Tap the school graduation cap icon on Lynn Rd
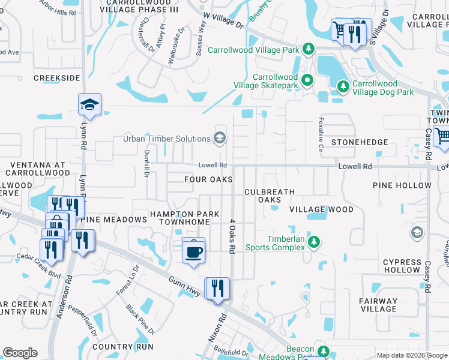[x=89, y=105]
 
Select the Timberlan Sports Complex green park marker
[x=313, y=242]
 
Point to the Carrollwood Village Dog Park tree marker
[x=343, y=86]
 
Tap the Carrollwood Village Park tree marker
[x=307, y=49]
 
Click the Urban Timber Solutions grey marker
[x=219, y=138]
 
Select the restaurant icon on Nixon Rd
[x=217, y=288]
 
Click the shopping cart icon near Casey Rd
[x=442, y=136]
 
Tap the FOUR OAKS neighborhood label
[x=208, y=179]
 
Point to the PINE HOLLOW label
[x=402, y=185]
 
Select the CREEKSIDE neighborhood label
[x=57, y=78]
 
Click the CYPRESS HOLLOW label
[x=402, y=266]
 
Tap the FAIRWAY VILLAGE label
[x=379, y=305]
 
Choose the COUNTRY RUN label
[x=123, y=347]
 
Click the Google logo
[x=20, y=353]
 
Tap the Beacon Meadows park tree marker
[x=323, y=350]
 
